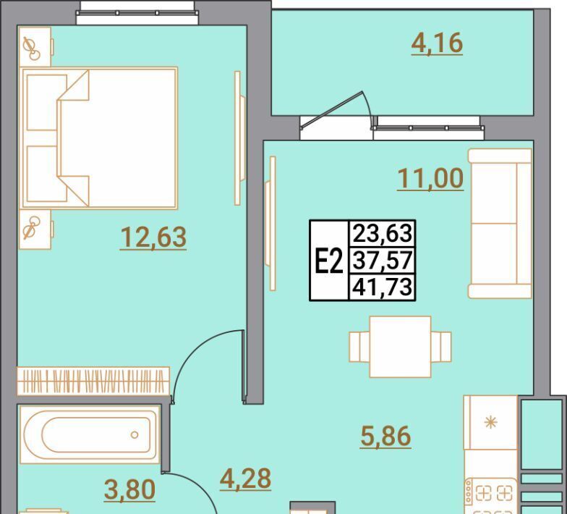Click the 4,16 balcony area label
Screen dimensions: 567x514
pyautogui.click(x=437, y=43)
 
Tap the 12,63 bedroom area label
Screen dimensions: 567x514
pyautogui.click(x=153, y=237)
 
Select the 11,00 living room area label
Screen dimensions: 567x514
pyautogui.click(x=430, y=178)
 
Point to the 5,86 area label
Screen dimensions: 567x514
pyautogui.click(x=385, y=436)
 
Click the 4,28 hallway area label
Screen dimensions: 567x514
pyautogui.click(x=245, y=479)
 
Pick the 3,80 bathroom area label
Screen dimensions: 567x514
pyautogui.click(x=129, y=489)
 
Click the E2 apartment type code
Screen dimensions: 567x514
pyautogui.click(x=328, y=261)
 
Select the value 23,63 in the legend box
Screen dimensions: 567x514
pyautogui.click(x=382, y=233)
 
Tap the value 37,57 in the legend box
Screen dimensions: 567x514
pyautogui.click(x=382, y=261)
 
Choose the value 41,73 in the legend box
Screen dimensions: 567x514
pyautogui.click(x=382, y=287)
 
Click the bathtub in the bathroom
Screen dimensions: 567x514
pyautogui.click(x=90, y=434)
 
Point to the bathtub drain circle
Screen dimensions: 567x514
pyautogui.click(x=135, y=434)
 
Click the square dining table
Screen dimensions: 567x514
pyautogui.click(x=401, y=347)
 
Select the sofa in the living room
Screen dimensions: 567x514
pyautogui.click(x=500, y=223)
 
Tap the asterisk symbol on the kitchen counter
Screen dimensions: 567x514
pyautogui.click(x=490, y=423)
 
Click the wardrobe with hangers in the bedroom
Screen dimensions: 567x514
pyautogui.click(x=93, y=381)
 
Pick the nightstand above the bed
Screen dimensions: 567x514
pyautogui.click(x=35, y=47)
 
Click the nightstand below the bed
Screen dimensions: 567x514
pyautogui.click(x=35, y=229)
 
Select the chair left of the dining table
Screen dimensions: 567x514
pyautogui.click(x=359, y=347)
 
